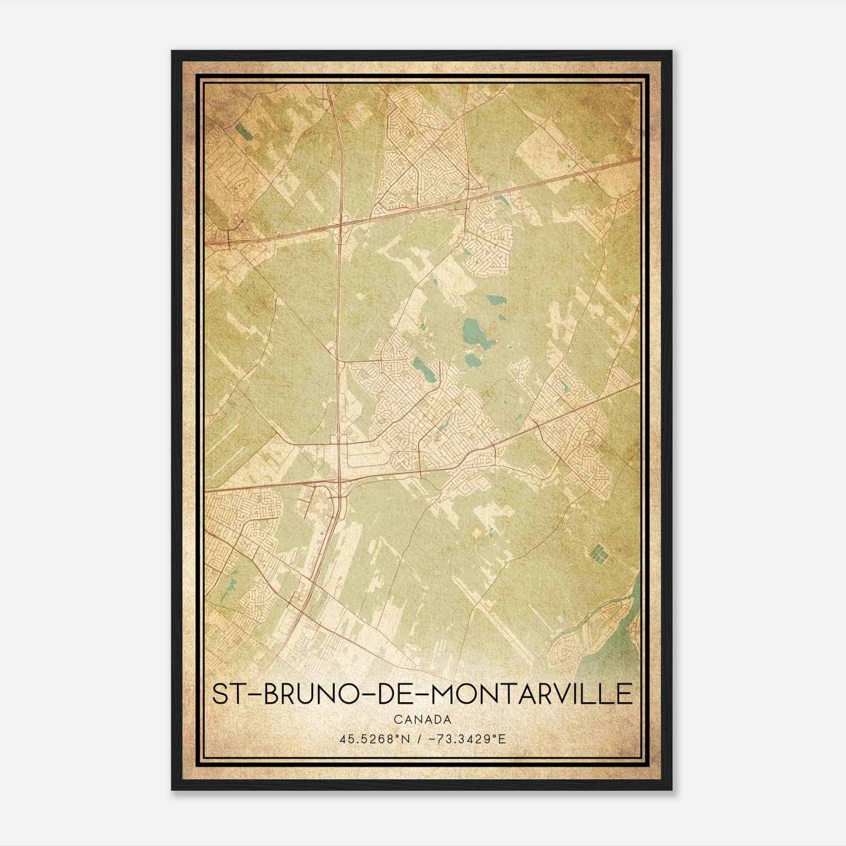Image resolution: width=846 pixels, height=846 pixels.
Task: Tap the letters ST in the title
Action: (x=230, y=694)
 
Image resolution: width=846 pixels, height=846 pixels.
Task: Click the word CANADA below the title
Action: (x=422, y=720)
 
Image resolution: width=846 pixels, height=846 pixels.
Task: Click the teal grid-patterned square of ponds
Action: (x=598, y=554)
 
